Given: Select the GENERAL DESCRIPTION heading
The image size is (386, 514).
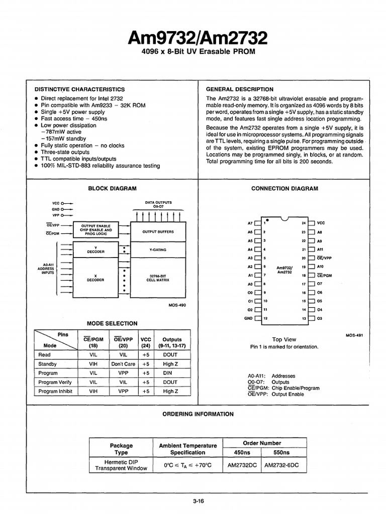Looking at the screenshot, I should (x=240, y=89).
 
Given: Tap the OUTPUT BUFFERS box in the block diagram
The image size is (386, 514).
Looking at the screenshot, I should (x=157, y=231).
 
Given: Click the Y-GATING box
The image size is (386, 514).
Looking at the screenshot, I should (x=157, y=249).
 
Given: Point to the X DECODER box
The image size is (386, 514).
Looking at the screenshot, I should (x=95, y=277).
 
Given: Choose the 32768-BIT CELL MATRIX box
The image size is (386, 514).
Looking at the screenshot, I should (x=157, y=278).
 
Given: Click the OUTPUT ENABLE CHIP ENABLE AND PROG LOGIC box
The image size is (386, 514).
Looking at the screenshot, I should (x=95, y=229).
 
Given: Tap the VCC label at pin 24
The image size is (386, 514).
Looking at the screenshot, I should (x=321, y=222).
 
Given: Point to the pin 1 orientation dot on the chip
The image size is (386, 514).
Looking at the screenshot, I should (x=267, y=220).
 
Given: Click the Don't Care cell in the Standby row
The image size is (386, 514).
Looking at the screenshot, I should (x=124, y=364).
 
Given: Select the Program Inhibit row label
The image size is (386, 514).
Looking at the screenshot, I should (x=55, y=391).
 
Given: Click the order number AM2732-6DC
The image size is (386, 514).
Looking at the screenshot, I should (x=281, y=465).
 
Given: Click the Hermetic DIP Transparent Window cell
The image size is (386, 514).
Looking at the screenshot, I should (x=122, y=465).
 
